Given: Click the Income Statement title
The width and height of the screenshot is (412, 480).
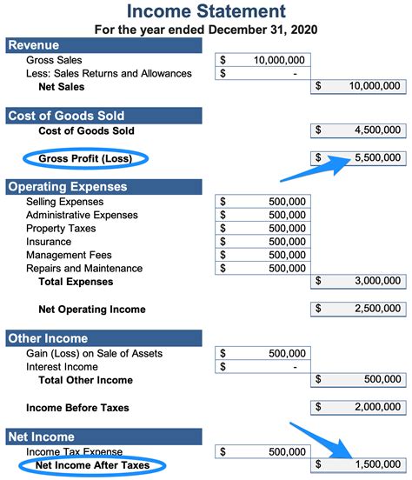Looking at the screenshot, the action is [206, 11].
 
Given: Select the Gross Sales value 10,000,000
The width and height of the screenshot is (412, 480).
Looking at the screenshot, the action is [279, 60].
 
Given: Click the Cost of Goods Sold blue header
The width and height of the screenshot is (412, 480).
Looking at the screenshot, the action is [66, 115].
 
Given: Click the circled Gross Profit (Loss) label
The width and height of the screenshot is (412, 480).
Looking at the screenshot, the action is [83, 158].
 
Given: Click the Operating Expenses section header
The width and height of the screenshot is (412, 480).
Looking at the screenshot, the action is [67, 186].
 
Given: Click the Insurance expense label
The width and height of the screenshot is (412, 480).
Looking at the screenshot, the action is [49, 242].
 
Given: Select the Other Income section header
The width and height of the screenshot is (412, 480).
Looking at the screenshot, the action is [48, 338].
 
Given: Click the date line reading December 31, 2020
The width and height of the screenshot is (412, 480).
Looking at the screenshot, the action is [206, 29].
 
